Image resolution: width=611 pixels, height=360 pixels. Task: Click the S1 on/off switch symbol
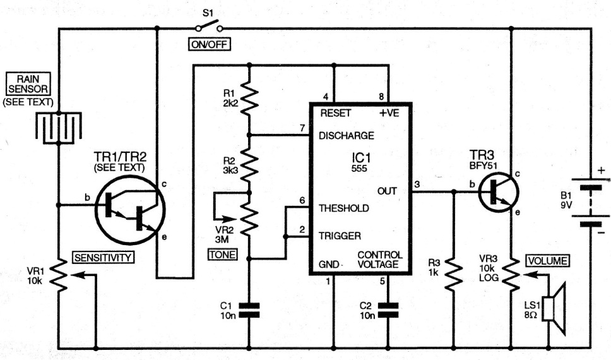point(208,27)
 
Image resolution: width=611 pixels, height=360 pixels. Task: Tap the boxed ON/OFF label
point(208,45)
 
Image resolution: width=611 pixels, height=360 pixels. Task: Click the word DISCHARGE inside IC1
point(347,135)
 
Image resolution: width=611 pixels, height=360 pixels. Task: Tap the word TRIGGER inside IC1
point(340,236)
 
